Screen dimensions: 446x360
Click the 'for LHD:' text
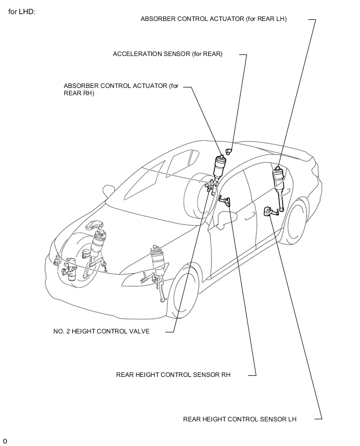(21, 11)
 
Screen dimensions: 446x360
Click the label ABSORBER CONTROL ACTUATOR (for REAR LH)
(213, 19)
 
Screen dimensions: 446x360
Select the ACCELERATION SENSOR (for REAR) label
(167, 54)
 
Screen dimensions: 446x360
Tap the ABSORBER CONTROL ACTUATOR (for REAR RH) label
(121, 90)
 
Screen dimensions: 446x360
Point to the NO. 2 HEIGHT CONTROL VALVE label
(101, 331)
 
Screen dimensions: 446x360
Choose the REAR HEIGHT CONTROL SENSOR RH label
(173, 375)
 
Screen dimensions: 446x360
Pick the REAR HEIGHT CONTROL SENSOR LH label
(240, 419)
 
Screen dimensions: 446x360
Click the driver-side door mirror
(226, 217)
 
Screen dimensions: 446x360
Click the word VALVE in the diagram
(139, 331)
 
